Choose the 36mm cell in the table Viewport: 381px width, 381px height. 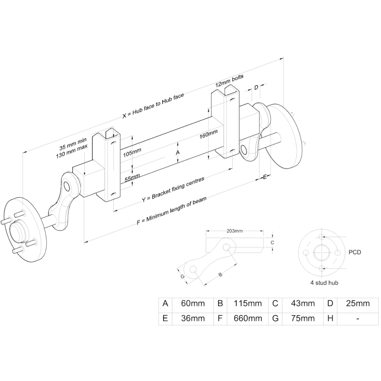[193, 318]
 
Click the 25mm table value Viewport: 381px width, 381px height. [358, 303]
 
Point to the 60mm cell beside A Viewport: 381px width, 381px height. [193, 303]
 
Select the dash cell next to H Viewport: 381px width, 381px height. [358, 318]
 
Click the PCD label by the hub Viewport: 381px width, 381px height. [355, 252]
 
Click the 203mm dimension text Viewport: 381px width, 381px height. [234, 231]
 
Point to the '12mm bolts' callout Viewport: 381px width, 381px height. [229, 81]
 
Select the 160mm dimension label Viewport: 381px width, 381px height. [209, 134]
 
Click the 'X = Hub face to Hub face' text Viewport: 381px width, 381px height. [153, 106]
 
